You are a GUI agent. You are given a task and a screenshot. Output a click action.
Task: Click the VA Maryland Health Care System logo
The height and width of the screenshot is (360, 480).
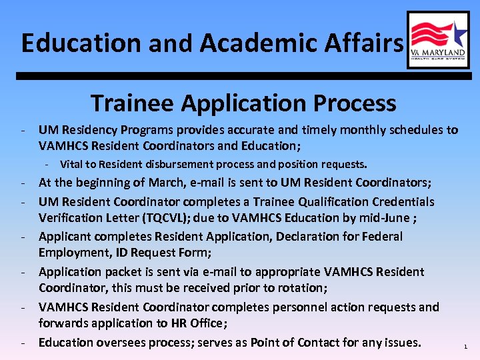click(438, 39)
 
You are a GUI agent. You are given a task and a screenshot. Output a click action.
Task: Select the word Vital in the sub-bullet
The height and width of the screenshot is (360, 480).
click(72, 164)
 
